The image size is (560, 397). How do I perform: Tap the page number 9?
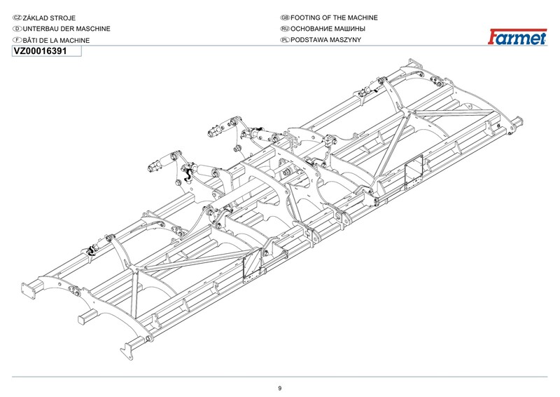(279, 388)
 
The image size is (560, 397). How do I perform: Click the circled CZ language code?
(17, 17)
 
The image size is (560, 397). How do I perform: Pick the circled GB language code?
(285, 17)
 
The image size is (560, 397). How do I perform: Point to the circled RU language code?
(285, 29)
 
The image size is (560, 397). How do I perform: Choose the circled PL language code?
(285, 41)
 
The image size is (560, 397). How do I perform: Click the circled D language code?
(17, 29)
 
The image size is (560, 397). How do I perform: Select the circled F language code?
(17, 41)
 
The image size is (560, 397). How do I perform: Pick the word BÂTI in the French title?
(32, 41)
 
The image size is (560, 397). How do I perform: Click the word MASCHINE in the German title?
(92, 29)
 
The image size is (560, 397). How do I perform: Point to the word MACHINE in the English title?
(360, 17)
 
